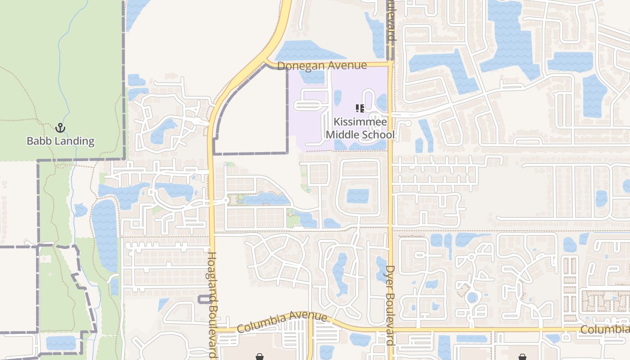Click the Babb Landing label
click(x=60, y=141)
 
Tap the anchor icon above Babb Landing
click(x=60, y=128)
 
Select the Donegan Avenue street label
click(x=322, y=66)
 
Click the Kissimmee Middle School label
click(x=360, y=128)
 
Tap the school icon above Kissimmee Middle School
click(x=360, y=108)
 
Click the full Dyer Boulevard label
click(x=390, y=305)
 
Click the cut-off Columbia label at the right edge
click(x=604, y=330)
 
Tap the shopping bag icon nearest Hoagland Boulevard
click(x=260, y=357)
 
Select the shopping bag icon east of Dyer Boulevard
click(x=522, y=357)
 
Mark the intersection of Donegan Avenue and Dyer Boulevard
click(x=390, y=63)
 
